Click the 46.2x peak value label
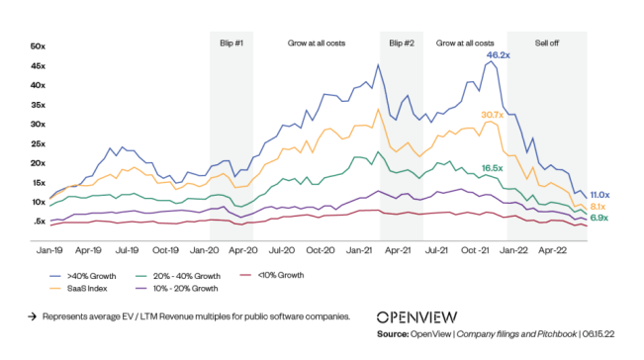pyautogui.click(x=498, y=56)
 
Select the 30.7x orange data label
pyautogui.click(x=493, y=115)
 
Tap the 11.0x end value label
pyautogui.click(x=599, y=194)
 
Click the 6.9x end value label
pyautogui.click(x=598, y=218)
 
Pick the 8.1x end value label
pyautogui.click(x=598, y=206)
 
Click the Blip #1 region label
pyautogui.click(x=230, y=44)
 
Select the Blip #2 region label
pyautogui.click(x=401, y=44)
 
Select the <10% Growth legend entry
pyautogui.click(x=272, y=275)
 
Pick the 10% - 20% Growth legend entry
pyautogui.click(x=182, y=288)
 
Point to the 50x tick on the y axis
pyautogui.click(x=39, y=46)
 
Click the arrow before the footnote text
pyautogui.click(x=33, y=317)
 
